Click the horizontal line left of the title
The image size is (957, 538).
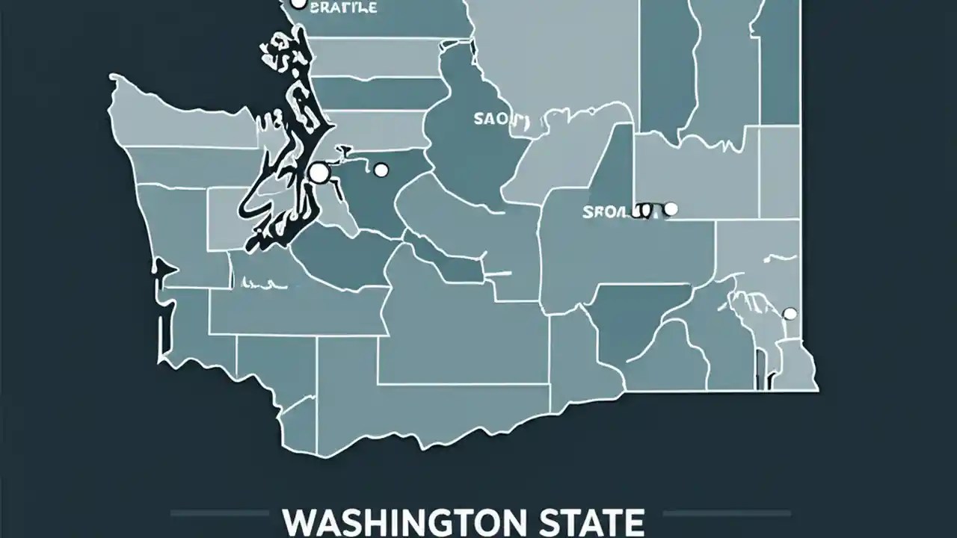pyautogui.click(x=218, y=513)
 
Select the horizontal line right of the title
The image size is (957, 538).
pyautogui.click(x=727, y=513)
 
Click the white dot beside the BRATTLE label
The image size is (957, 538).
pyautogui.click(x=298, y=4)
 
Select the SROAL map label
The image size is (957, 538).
pyautogui.click(x=607, y=211)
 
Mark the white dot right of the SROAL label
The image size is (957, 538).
pyautogui.click(x=671, y=209)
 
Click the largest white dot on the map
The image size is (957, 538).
pyautogui.click(x=319, y=173)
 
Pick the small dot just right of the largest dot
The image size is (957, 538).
pyautogui.click(x=381, y=170)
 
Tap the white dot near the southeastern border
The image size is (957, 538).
pyautogui.click(x=789, y=313)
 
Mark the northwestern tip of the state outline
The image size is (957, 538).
pyautogui.click(x=112, y=78)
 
